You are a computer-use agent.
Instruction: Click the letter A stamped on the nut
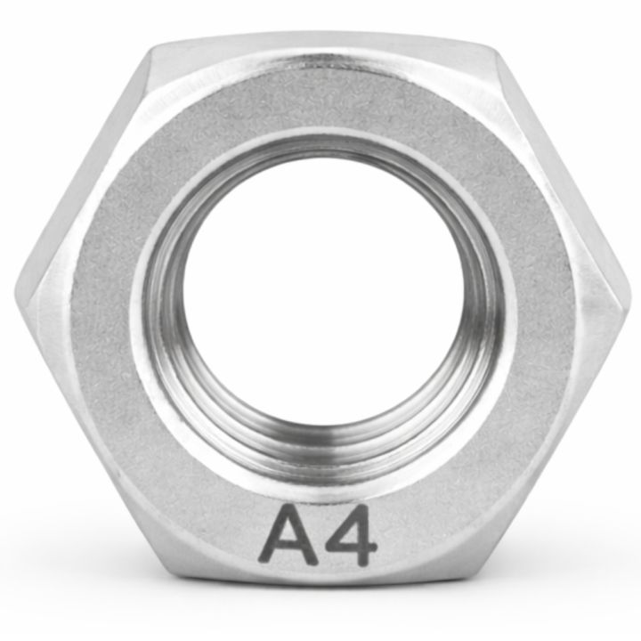point(288,537)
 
